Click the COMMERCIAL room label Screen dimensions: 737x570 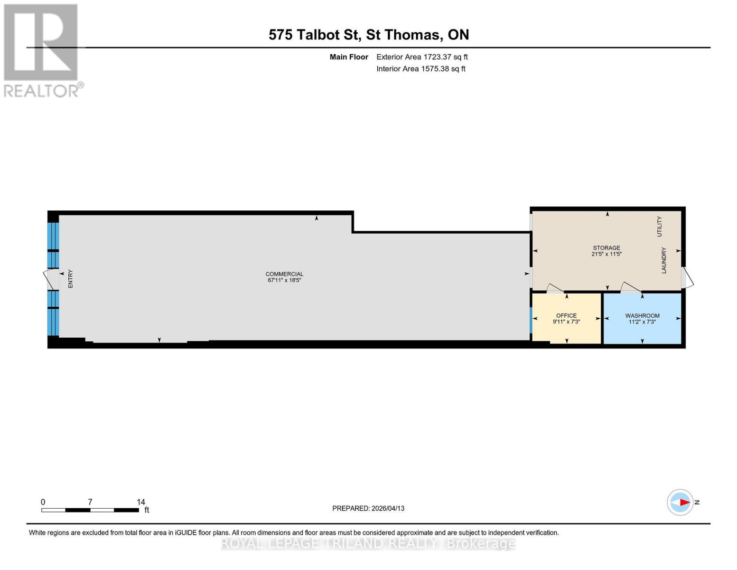[x=284, y=274]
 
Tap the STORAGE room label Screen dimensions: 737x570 [x=606, y=248]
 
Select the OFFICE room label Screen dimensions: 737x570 [x=567, y=315]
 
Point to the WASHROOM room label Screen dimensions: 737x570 [x=643, y=315]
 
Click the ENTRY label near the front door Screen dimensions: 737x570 [x=71, y=279]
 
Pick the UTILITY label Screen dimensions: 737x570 [x=659, y=227]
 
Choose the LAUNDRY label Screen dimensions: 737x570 [x=664, y=260]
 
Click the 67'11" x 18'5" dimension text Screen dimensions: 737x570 [x=284, y=280]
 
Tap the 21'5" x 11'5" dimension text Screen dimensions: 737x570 [x=606, y=254]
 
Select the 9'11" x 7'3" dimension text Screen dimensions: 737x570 [x=567, y=322]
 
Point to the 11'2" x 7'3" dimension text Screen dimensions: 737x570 [x=643, y=322]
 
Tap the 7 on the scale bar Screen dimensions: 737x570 [x=90, y=502]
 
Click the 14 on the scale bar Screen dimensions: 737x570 [x=141, y=502]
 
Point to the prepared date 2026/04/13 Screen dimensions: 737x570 [x=388, y=508]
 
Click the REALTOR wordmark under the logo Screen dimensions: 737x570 [x=41, y=91]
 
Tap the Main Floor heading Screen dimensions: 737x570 [x=349, y=57]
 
